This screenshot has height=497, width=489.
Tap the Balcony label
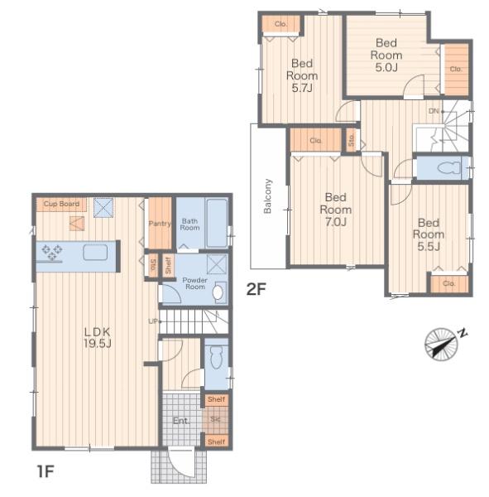(x=267, y=195)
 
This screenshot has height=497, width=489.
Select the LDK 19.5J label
(x=98, y=338)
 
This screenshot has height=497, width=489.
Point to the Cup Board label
(x=61, y=204)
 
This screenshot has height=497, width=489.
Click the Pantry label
(x=160, y=224)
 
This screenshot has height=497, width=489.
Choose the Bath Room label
(x=189, y=224)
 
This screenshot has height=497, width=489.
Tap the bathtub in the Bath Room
(x=217, y=223)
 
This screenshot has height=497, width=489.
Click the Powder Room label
(x=195, y=283)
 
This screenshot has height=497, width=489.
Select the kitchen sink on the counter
(x=95, y=253)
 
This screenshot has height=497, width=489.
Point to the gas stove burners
(x=51, y=252)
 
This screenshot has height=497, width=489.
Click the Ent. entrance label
(x=181, y=421)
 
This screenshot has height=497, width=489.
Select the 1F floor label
(x=46, y=471)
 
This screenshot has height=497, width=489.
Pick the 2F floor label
(x=256, y=289)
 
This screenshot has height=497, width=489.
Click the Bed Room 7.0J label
(x=336, y=210)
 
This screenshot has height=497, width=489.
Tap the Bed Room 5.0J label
(x=386, y=55)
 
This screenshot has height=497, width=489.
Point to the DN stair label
(x=434, y=111)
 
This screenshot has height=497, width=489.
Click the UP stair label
(x=153, y=321)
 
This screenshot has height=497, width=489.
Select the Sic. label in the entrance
(x=215, y=419)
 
